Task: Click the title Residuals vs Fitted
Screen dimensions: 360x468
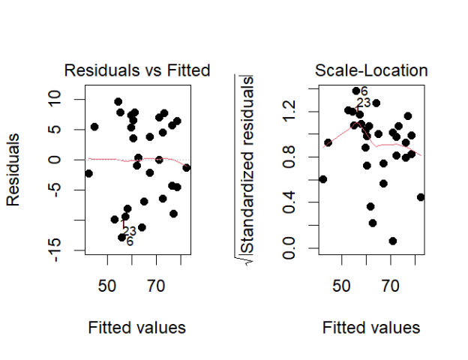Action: (x=137, y=70)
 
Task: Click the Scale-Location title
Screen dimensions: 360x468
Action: (x=371, y=70)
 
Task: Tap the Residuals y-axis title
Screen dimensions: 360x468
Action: (x=13, y=171)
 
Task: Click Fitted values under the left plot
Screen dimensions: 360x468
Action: (x=137, y=328)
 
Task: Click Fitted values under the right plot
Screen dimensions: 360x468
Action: (x=371, y=328)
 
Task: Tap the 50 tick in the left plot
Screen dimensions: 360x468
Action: (x=108, y=285)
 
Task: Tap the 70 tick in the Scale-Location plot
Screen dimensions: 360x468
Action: (x=390, y=285)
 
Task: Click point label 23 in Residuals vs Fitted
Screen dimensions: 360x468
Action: (x=129, y=231)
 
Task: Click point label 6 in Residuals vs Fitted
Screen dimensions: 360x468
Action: (x=130, y=241)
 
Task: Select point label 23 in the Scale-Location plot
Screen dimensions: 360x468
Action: (x=364, y=103)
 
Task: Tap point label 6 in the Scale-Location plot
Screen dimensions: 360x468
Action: (x=364, y=91)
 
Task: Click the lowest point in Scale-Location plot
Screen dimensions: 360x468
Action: (x=392, y=241)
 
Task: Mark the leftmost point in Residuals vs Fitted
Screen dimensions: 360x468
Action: (x=88, y=173)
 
